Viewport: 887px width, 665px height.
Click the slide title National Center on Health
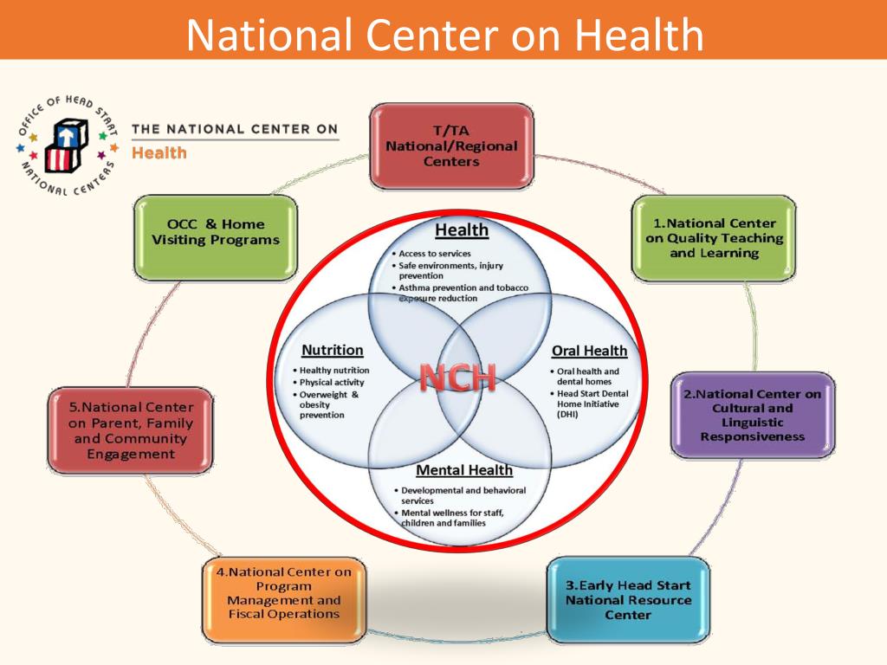[444, 36]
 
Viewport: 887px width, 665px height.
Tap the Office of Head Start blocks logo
[68, 144]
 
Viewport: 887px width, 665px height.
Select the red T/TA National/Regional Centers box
[451, 145]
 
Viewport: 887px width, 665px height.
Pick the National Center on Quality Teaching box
[714, 238]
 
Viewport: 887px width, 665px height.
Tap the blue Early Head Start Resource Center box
[628, 600]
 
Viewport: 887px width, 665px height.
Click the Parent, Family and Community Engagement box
[131, 430]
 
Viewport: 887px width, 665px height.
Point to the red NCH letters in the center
[458, 378]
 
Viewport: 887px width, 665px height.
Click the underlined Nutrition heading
[332, 351]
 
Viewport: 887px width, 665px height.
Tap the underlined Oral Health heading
[589, 351]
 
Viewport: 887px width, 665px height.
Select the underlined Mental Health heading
[464, 470]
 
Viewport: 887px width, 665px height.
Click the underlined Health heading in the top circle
[462, 230]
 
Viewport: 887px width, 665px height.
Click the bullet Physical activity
[332, 382]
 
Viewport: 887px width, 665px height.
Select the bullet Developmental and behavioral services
[463, 495]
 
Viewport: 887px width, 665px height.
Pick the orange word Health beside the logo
[159, 152]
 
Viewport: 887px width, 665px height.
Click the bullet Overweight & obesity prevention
[328, 404]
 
